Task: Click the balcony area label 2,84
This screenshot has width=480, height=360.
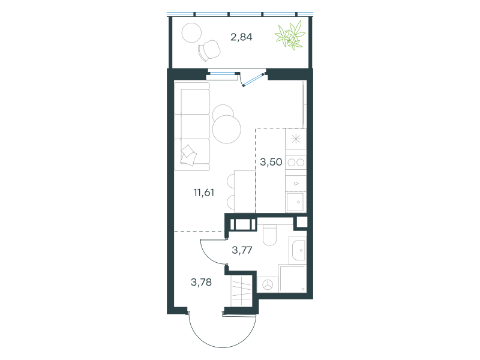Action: (x=241, y=37)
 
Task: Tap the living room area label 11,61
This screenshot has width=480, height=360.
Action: (x=203, y=193)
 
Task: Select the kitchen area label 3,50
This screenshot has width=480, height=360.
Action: (x=271, y=162)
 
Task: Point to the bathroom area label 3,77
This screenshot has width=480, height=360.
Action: (x=242, y=250)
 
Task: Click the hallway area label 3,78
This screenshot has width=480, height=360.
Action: (x=201, y=282)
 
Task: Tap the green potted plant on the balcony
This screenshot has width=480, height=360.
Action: (x=290, y=35)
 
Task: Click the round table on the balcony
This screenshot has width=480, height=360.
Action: (x=191, y=33)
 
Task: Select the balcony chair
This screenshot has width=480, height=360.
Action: (x=209, y=50)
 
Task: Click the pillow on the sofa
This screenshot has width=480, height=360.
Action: (x=188, y=155)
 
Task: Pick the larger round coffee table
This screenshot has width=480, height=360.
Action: (x=227, y=129)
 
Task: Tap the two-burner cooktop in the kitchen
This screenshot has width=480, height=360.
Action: (x=296, y=162)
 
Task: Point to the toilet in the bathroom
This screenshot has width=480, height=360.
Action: (x=269, y=235)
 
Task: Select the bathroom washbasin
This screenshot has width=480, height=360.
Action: (x=298, y=250)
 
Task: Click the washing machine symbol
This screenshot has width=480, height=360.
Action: (x=268, y=284)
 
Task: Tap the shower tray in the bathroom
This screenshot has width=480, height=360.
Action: (x=292, y=278)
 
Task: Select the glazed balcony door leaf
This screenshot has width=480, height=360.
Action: (x=253, y=80)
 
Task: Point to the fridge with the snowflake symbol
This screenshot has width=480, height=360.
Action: (x=296, y=139)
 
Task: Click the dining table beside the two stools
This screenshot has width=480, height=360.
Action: (x=245, y=191)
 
